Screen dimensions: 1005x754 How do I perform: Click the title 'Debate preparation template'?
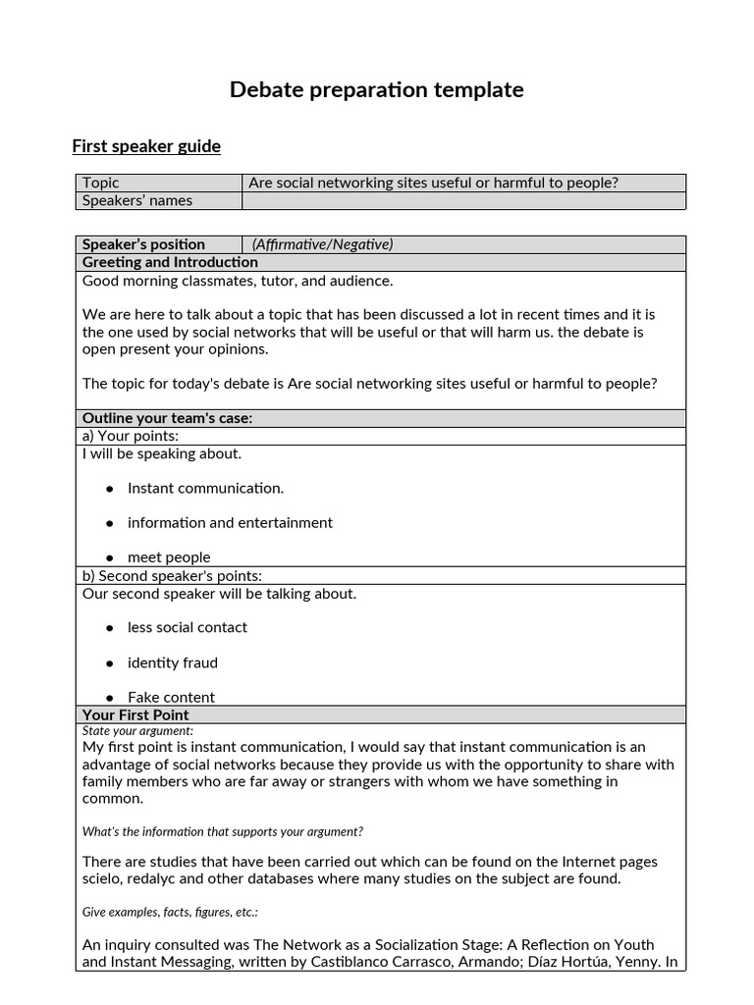click(376, 90)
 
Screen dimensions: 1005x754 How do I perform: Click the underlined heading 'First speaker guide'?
click(146, 146)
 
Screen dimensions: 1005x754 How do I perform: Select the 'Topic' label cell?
click(101, 183)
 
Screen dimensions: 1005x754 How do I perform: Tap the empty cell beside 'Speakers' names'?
click(463, 201)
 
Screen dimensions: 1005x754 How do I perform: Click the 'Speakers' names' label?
click(137, 201)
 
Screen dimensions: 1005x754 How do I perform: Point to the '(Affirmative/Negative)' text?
click(322, 244)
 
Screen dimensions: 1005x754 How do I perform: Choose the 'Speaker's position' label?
click(143, 244)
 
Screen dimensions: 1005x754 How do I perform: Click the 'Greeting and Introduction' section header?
click(170, 262)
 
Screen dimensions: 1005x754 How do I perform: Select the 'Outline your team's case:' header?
click(167, 418)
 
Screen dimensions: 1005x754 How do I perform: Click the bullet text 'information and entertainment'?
click(230, 523)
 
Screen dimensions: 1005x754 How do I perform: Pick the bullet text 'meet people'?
click(169, 557)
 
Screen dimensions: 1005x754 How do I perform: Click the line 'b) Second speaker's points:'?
click(172, 576)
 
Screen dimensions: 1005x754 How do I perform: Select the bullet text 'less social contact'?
click(188, 627)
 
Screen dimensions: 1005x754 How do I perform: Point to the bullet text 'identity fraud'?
click(173, 662)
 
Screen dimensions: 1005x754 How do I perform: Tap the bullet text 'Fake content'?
click(171, 697)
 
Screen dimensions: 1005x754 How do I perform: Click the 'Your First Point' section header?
click(135, 715)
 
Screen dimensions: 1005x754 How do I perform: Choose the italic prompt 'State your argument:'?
click(137, 731)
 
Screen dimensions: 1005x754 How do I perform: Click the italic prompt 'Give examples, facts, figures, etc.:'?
click(170, 912)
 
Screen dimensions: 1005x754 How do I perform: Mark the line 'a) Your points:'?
click(131, 436)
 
